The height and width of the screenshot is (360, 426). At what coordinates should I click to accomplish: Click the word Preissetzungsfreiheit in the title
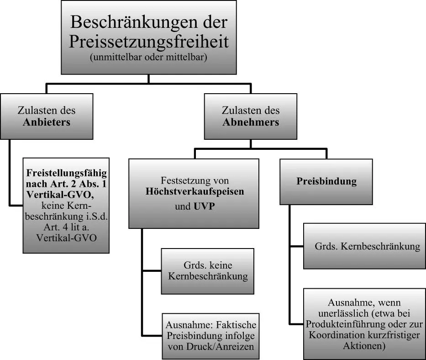149,42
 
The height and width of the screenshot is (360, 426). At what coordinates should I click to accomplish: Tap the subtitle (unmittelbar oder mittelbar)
148,57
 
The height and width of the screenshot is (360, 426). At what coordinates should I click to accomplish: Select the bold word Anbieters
47,122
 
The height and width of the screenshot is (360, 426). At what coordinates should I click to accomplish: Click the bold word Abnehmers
251,122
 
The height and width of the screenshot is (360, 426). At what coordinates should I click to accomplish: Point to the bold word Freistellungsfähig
67,173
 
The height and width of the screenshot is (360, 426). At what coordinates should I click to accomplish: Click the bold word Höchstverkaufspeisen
195,191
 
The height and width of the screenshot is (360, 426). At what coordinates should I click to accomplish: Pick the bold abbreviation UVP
204,206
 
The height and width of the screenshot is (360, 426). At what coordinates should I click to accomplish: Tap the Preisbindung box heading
326,181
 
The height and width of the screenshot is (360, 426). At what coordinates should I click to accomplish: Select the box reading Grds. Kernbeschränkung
364,246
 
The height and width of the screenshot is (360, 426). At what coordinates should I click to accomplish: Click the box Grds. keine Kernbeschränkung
208,271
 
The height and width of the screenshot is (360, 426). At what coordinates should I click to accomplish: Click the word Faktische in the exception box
237,325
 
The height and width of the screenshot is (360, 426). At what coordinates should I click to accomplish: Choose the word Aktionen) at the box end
364,346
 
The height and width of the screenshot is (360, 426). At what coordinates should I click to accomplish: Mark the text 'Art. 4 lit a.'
67,227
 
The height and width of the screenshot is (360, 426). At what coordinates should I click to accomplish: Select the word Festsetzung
184,180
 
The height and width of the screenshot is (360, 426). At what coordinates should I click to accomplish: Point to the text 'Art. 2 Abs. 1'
79,184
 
